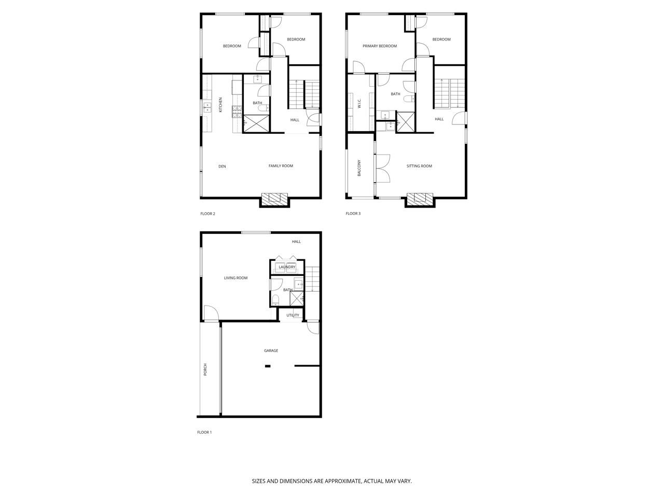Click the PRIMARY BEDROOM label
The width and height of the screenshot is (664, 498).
click(380, 46)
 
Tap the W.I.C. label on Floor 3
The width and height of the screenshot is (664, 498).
click(359, 103)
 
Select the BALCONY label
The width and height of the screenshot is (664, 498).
click(359, 168)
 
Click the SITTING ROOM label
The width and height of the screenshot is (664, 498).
click(419, 166)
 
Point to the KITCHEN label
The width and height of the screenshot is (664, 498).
click(220, 105)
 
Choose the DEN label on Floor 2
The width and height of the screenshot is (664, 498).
click(222, 167)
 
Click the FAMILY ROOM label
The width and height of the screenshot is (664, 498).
click(281, 165)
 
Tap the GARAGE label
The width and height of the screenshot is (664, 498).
click(271, 351)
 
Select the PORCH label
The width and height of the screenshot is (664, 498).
click(205, 369)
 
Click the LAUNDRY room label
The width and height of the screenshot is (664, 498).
click(287, 267)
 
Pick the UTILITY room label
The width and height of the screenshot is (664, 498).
click(293, 315)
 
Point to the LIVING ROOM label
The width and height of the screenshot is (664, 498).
click(236, 278)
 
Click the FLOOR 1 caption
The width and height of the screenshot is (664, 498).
click(204, 432)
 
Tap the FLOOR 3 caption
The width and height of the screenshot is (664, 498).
click(353, 214)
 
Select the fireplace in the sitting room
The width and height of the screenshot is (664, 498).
click(420, 198)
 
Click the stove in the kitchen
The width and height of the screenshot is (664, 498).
click(237, 112)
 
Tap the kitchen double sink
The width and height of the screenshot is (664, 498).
click(207, 107)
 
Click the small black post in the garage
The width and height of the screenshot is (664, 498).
click(268, 366)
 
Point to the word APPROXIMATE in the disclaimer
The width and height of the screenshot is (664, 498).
click(343, 481)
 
